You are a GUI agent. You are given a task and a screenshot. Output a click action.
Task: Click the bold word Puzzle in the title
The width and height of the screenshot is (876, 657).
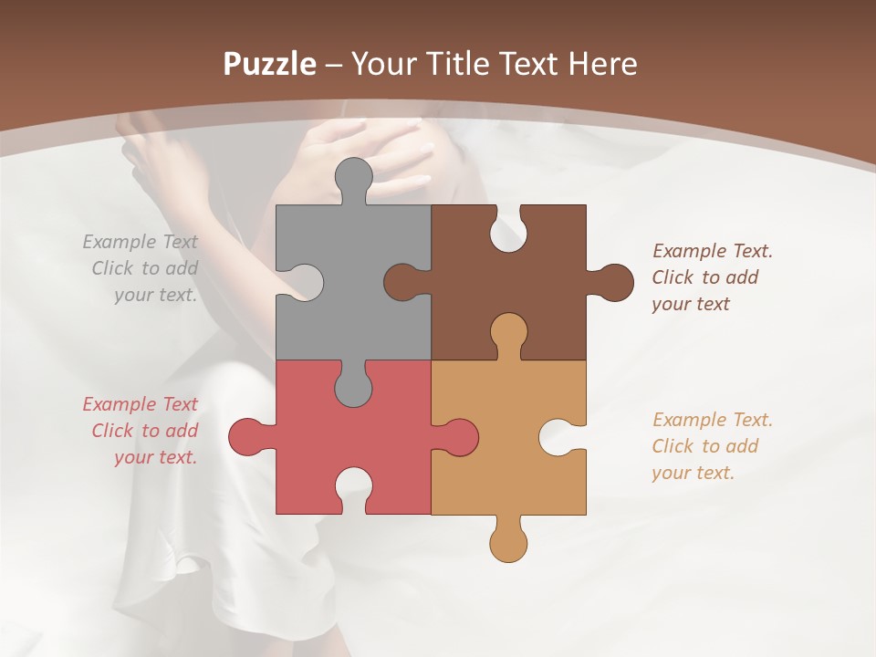[x=269, y=64]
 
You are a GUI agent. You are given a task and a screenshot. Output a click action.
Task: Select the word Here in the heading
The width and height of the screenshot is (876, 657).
[x=602, y=64]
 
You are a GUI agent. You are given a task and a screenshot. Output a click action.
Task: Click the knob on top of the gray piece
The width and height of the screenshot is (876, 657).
[x=353, y=175]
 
